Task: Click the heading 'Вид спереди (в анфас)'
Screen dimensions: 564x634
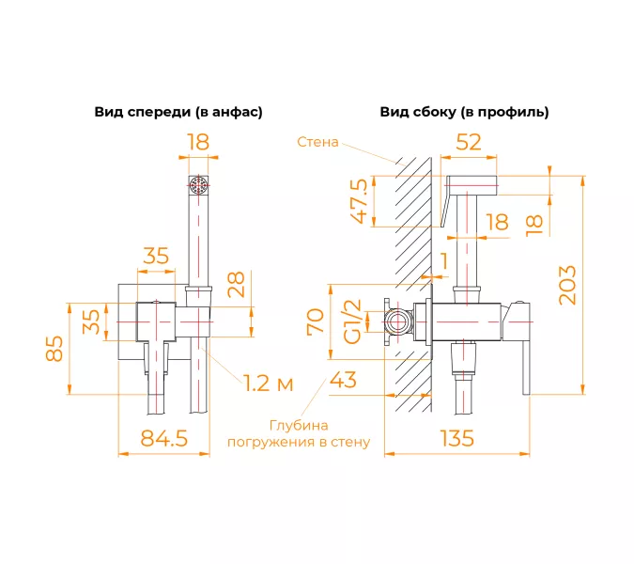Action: pyautogui.click(x=178, y=112)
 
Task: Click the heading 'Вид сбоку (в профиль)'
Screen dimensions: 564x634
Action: pyautogui.click(x=464, y=112)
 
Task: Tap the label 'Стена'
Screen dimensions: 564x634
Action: pyautogui.click(x=317, y=143)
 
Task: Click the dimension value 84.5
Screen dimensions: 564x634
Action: pyautogui.click(x=164, y=438)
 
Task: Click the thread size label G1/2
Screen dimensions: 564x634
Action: pyautogui.click(x=352, y=321)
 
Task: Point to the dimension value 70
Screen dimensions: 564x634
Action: pyautogui.click(x=317, y=321)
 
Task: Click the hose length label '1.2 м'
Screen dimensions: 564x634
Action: pyautogui.click(x=268, y=383)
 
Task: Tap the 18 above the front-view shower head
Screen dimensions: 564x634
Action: pyautogui.click(x=198, y=142)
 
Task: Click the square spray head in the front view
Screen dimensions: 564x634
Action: pyautogui.click(x=198, y=183)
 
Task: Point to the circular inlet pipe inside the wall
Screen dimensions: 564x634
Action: pyautogui.click(x=397, y=322)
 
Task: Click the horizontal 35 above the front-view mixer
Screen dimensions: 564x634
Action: pyautogui.click(x=156, y=255)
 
